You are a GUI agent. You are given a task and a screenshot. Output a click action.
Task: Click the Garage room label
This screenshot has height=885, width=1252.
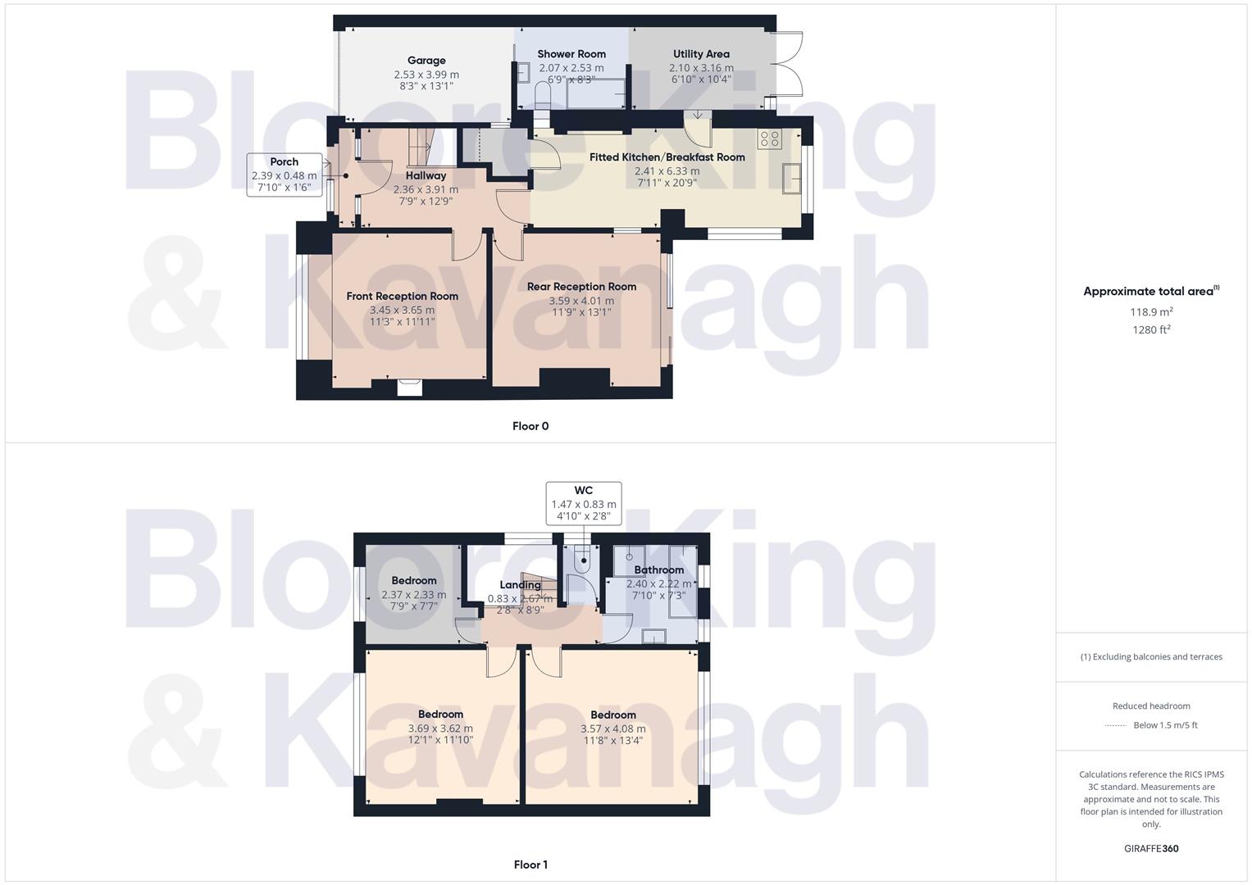point(426,60)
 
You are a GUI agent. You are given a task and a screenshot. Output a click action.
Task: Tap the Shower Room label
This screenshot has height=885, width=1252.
point(571,54)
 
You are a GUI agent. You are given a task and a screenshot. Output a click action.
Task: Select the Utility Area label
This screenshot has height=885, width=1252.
point(701,54)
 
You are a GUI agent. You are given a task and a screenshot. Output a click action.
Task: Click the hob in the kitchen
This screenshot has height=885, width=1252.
point(769,138)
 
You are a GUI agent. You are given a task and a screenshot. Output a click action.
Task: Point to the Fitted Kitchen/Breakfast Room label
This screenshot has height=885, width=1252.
point(667,157)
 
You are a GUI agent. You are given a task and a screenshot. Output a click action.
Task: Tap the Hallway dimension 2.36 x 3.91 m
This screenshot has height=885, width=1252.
point(426,189)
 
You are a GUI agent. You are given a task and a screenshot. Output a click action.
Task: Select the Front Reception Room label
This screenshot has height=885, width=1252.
point(402,297)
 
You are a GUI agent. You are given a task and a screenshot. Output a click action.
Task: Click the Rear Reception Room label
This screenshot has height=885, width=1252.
point(581,287)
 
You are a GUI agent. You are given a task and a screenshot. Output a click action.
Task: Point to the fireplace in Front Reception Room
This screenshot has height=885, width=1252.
point(409,387)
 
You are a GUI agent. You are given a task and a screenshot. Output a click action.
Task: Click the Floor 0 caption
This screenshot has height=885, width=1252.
point(530,426)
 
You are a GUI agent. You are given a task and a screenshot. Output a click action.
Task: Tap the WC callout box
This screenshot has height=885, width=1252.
point(584,503)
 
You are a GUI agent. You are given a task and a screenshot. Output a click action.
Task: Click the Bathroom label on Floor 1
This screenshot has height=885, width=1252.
point(658,570)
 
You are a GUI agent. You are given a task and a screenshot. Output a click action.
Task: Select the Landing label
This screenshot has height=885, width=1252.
point(520,585)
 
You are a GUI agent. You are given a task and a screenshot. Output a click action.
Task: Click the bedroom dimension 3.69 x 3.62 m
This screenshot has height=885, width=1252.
point(440,728)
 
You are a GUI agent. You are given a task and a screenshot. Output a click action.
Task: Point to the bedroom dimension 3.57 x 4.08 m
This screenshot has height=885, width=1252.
point(612,728)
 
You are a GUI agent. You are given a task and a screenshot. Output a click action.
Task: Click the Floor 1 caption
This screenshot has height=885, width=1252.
point(530,865)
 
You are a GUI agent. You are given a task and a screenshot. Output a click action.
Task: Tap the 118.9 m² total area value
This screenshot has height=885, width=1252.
point(1151,312)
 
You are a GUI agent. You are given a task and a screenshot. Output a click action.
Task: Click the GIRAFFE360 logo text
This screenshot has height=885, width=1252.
point(1151,849)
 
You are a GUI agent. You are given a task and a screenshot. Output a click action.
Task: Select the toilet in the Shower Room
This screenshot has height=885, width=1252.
point(542,95)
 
